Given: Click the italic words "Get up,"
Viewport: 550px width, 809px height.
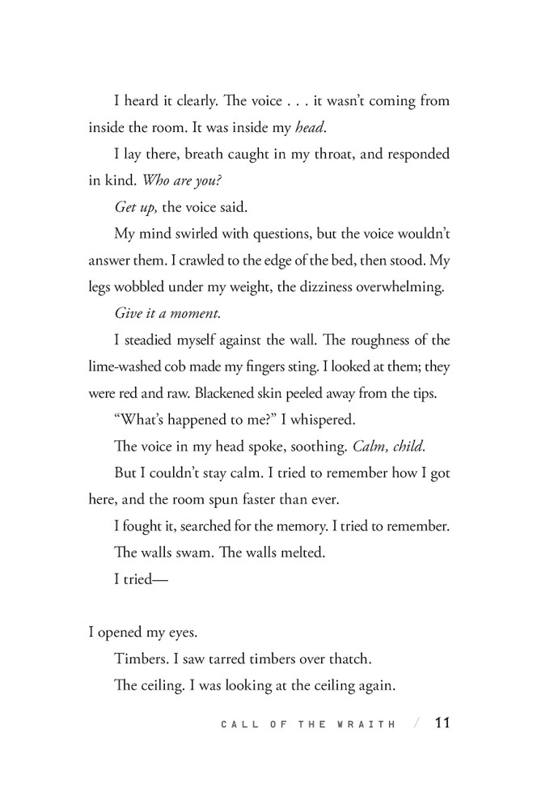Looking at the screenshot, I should [x=136, y=207].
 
